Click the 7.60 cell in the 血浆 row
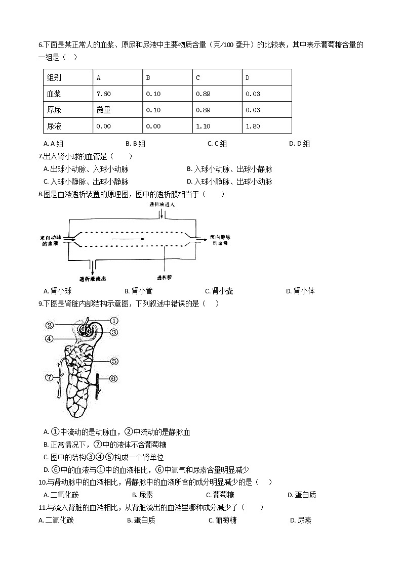tap(103, 94)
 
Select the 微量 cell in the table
tap(103, 110)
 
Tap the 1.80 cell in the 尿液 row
tap(253, 126)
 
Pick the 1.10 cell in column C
tap(203, 126)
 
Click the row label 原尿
tap(54, 110)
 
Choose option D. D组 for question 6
tap(299, 144)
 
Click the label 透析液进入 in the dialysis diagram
tap(162, 204)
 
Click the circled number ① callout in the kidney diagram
tap(114, 320)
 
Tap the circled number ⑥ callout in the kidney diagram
tap(113, 378)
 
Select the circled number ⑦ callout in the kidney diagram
tap(49, 377)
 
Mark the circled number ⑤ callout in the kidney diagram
tap(114, 361)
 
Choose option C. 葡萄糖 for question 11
tap(222, 520)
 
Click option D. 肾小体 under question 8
tap(300, 291)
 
